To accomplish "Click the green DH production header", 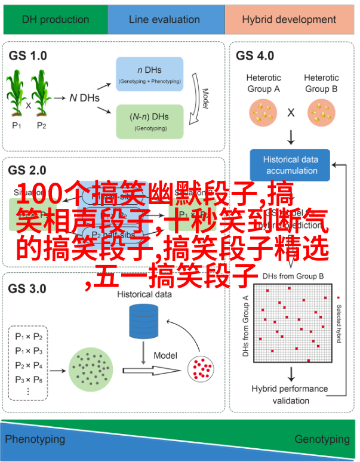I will pyautogui.click(x=55, y=19).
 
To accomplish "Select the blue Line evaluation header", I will pyautogui.click(x=165, y=19).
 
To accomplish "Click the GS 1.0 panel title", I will pyautogui.click(x=27, y=56).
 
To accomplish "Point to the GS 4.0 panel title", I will pyautogui.click(x=255, y=56).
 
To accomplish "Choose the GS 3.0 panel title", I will pyautogui.click(x=27, y=288).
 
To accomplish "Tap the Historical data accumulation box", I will pyautogui.click(x=291, y=165).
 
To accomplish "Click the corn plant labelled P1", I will pyautogui.click(x=17, y=94).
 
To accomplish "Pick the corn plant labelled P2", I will pyautogui.click(x=41, y=94).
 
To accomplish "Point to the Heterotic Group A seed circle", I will pyautogui.click(x=263, y=112).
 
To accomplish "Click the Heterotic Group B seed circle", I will pyautogui.click(x=321, y=112).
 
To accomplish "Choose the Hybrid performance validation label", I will pyautogui.click(x=290, y=394).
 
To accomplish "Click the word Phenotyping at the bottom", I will pyautogui.click(x=35, y=439).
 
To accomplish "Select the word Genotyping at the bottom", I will pyautogui.click(x=322, y=439).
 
